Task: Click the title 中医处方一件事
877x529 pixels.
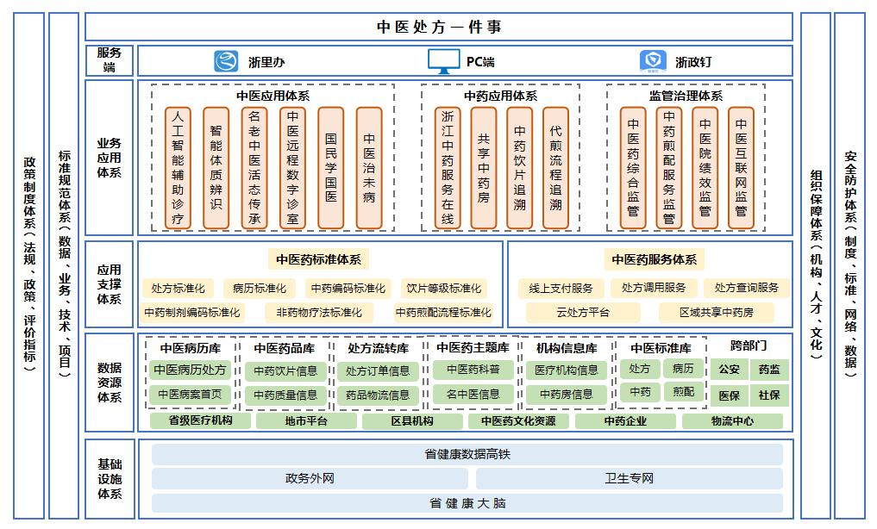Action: (439, 27)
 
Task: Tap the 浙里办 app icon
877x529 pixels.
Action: (226, 61)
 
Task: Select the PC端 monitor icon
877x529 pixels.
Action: (443, 61)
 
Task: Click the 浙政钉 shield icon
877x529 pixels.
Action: (652, 61)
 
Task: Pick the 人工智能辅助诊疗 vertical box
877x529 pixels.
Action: (178, 167)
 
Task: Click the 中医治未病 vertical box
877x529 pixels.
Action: (369, 167)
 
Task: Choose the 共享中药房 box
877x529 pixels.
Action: (484, 167)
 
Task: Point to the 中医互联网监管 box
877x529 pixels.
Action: (741, 167)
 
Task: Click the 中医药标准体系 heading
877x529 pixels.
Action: (318, 259)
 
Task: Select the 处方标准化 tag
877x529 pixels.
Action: (178, 288)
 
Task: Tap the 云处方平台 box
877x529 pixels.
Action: (582, 312)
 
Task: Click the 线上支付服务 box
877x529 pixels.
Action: (561, 288)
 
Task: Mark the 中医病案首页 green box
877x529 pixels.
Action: (190, 395)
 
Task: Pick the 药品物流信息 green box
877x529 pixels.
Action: (378, 395)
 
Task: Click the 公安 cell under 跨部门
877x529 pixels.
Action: (729, 370)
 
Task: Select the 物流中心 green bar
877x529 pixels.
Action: (732, 421)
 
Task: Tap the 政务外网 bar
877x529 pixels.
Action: (310, 478)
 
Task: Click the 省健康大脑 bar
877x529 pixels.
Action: (467, 502)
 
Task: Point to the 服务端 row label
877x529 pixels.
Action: (110, 60)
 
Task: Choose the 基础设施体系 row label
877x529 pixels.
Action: (110, 478)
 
